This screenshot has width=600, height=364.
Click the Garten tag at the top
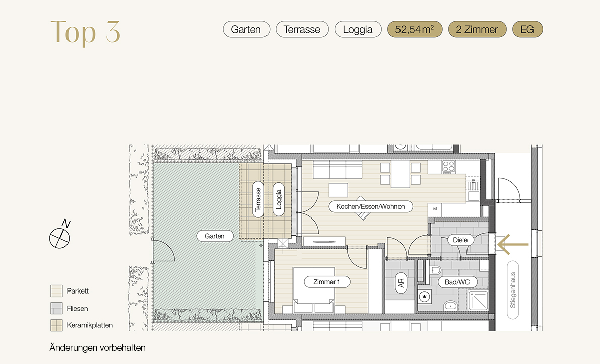(246, 29)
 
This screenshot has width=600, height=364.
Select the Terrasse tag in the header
(302, 29)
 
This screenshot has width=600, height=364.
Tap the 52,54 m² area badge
(415, 29)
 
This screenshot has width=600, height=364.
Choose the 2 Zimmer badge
(477, 29)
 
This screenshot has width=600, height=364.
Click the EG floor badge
(527, 29)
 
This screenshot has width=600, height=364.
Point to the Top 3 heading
(85, 32)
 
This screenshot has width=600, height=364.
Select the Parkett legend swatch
(56, 291)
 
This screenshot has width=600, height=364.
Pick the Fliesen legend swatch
(56, 308)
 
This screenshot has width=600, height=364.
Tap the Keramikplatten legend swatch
(56, 325)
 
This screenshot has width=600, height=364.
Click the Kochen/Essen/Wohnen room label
(370, 206)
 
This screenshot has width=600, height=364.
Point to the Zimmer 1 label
(326, 282)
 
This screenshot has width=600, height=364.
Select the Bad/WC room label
(457, 282)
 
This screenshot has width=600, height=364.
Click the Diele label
(460, 240)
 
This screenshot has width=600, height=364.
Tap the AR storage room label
(401, 283)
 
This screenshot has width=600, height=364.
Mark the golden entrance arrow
(513, 244)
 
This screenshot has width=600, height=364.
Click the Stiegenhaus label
(513, 290)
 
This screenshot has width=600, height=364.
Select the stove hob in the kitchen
(449, 167)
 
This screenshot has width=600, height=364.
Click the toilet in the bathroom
(436, 271)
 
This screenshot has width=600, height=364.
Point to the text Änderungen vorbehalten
(98, 348)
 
